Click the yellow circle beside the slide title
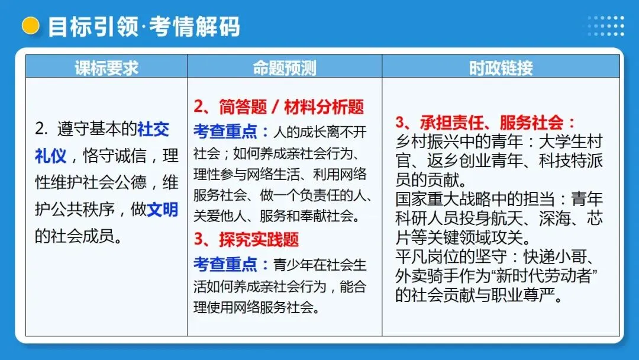point(30,25)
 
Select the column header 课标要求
point(106,67)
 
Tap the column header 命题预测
point(285,67)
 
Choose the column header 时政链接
point(501,67)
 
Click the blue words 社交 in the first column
point(153,128)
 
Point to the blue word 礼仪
point(50,156)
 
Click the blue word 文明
point(162,210)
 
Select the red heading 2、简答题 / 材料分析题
point(279,107)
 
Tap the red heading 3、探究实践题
point(246,239)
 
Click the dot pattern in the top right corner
point(605,25)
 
